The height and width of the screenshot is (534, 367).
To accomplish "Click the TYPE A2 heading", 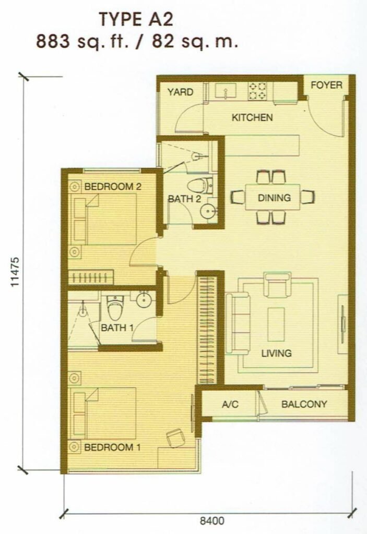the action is tap(136, 20).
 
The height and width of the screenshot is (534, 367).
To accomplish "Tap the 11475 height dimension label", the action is tap(15, 272).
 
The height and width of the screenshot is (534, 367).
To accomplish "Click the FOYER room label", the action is tap(326, 85).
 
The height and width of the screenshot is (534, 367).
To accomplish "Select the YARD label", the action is tap(180, 92).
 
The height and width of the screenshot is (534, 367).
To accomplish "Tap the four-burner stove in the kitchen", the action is tap(257, 91).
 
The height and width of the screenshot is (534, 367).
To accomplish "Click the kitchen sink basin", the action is tap(225, 91).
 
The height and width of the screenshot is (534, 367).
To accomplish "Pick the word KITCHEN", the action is tap(252, 117).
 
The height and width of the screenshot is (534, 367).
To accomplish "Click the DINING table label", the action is tap(274, 198).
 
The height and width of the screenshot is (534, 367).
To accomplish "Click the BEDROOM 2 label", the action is tap(113, 187).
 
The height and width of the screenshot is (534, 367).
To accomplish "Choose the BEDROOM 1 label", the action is tap(112, 447).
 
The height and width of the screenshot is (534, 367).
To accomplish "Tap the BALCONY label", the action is tap(304, 404).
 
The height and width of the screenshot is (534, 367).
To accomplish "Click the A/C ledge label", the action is tap(230, 404).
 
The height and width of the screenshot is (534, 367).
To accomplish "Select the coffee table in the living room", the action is tap(276, 324).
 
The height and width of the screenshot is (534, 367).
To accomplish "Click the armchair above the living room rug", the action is tap(277, 284).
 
